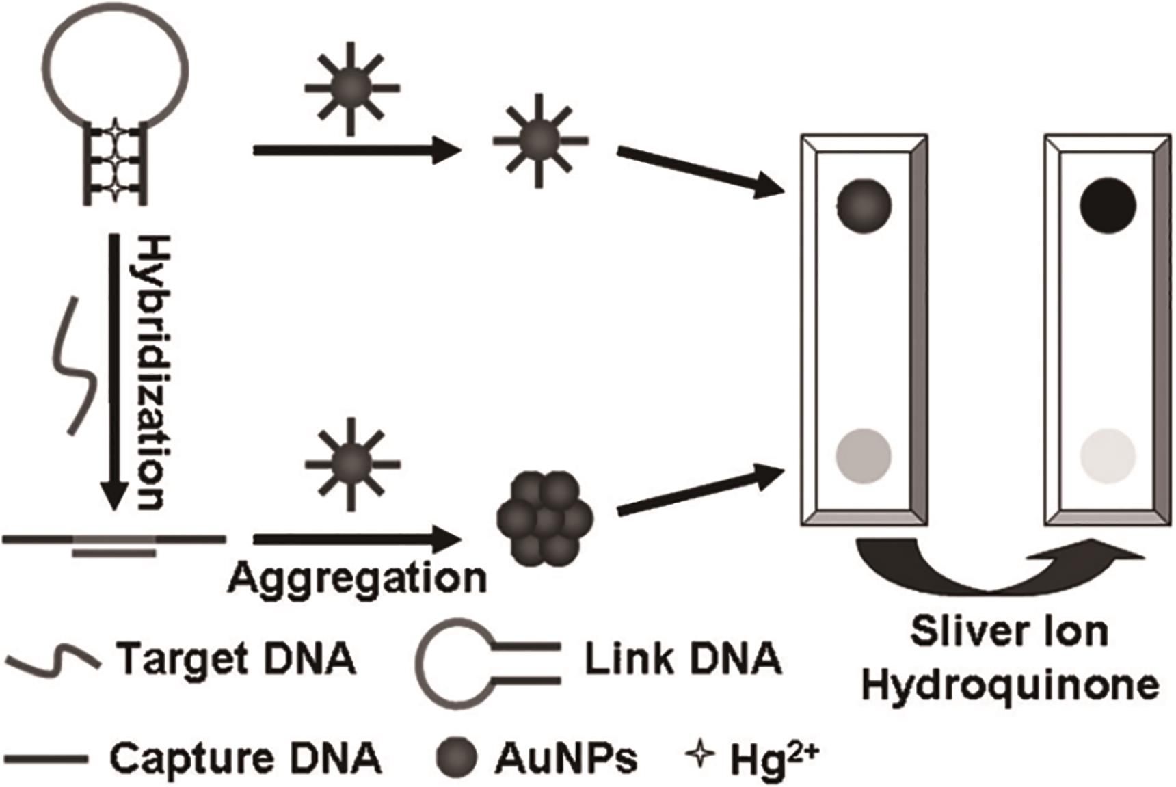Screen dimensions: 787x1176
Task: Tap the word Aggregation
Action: [x=357, y=578]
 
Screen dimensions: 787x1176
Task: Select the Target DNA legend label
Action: [x=237, y=659]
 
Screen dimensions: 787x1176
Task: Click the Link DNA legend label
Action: [x=683, y=659]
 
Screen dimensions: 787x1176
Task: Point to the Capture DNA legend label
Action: [x=245, y=758]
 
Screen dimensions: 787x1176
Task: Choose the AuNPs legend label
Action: [x=567, y=758]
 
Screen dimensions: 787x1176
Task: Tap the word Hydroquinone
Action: [x=1010, y=684]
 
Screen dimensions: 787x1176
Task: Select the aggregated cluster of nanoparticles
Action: [x=545, y=516]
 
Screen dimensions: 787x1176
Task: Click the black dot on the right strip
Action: [x=1108, y=204]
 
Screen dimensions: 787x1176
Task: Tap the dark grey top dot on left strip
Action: [x=864, y=204]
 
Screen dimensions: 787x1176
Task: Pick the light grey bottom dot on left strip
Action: [x=864, y=455]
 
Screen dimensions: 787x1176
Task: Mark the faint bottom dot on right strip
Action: [x=1108, y=455]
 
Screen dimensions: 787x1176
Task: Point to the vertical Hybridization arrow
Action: [x=113, y=373]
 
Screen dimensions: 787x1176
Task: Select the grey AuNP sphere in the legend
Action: [x=456, y=758]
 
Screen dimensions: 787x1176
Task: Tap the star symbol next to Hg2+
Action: [x=699, y=756]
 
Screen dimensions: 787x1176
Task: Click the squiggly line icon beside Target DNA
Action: [x=52, y=660]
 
